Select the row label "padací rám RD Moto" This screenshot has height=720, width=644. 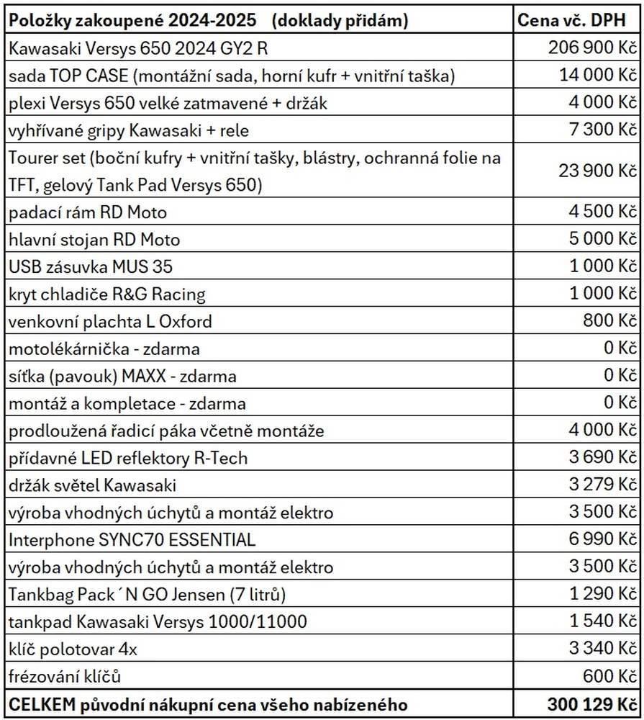(x=87, y=212)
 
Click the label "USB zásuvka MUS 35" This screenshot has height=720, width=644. (x=91, y=266)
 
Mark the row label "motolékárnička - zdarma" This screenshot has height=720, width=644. (x=104, y=348)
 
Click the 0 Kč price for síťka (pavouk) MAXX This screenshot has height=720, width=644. (x=621, y=375)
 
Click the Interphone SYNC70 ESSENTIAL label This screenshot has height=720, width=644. (x=132, y=539)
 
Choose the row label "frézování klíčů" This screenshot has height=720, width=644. (x=65, y=676)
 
